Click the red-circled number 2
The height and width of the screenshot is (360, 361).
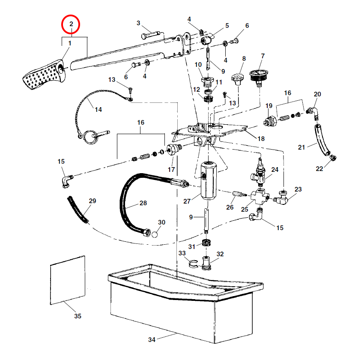(x=72, y=24)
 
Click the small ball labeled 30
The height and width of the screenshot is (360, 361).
(x=155, y=234)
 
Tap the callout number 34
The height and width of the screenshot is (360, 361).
(x=152, y=340)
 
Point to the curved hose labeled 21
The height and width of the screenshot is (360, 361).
(x=321, y=139)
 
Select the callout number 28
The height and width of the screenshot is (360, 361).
(x=143, y=203)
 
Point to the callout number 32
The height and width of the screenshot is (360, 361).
(x=220, y=254)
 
